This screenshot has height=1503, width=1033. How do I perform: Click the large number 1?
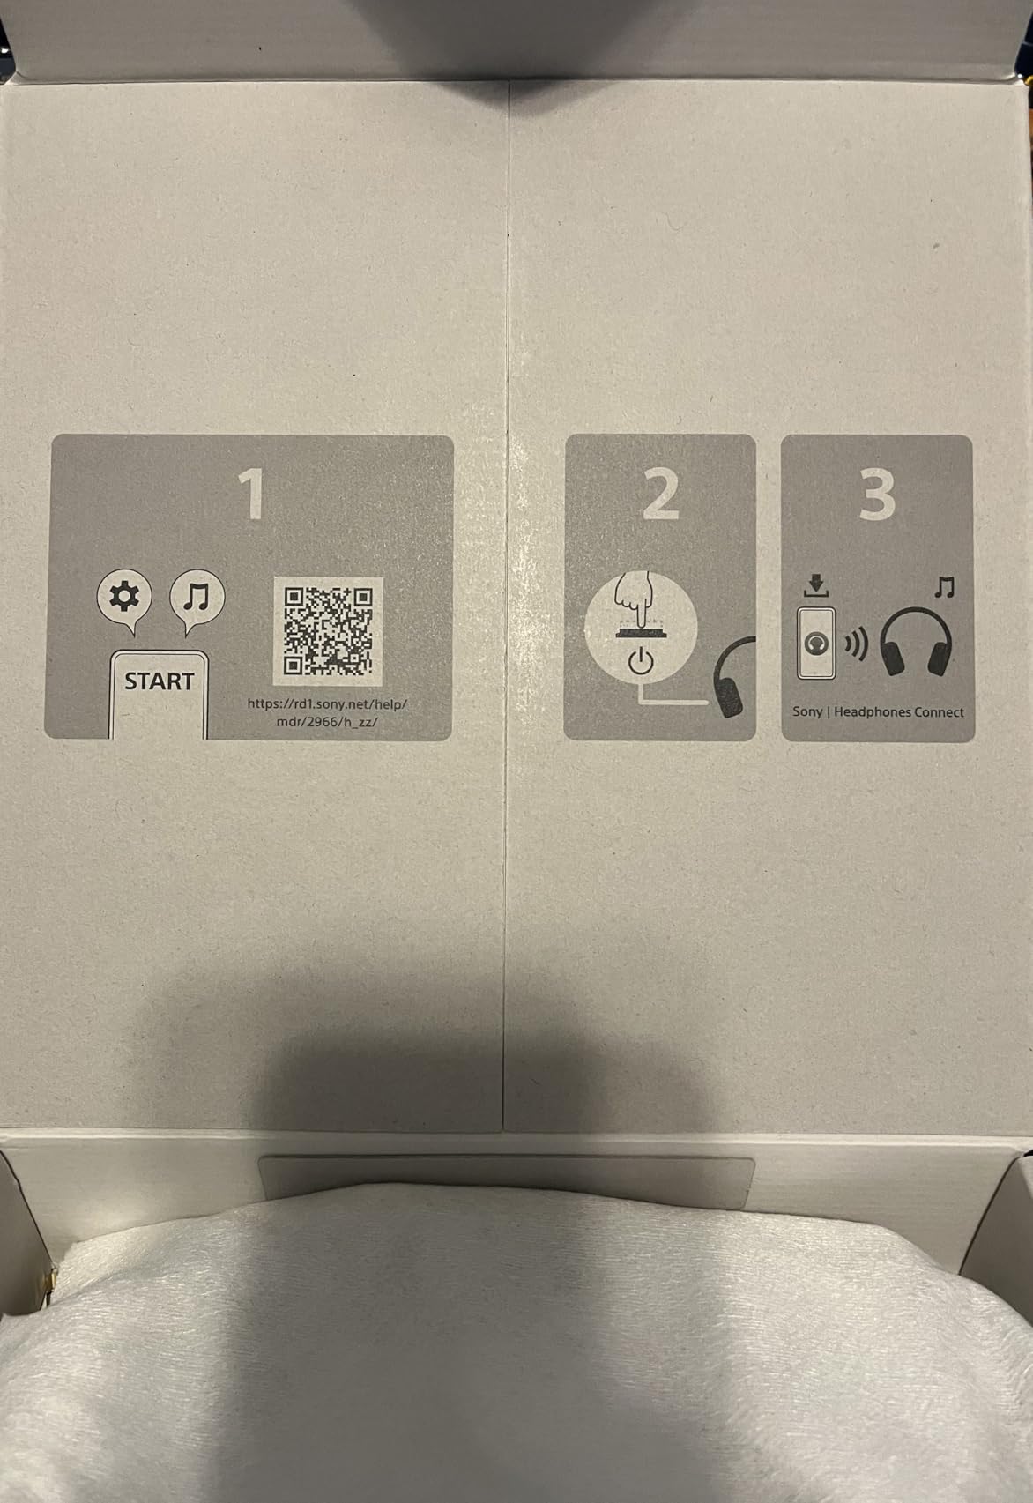(x=251, y=494)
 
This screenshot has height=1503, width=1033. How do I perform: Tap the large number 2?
(x=660, y=494)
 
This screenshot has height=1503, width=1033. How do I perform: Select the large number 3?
(x=877, y=495)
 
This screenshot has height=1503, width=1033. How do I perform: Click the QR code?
(x=328, y=631)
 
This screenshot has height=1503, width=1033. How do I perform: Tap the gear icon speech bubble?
(x=124, y=599)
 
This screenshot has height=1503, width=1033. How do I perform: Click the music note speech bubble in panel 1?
(x=197, y=599)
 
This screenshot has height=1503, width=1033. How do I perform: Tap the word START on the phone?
(x=159, y=681)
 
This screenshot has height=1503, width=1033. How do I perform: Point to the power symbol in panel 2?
(x=641, y=661)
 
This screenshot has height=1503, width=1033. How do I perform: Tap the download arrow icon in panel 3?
(x=815, y=585)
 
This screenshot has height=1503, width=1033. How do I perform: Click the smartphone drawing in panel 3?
(x=816, y=643)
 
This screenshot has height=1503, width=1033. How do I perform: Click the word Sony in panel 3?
(x=807, y=712)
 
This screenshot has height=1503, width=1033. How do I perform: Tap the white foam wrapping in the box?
(x=516, y=1349)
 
